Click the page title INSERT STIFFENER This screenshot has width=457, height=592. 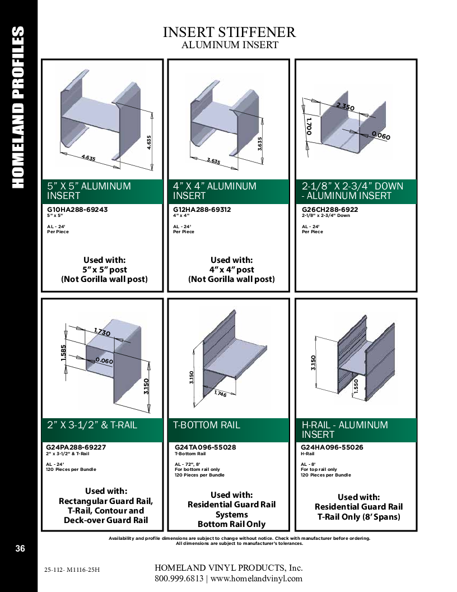tap(229, 32)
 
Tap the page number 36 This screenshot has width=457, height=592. tap(20, 548)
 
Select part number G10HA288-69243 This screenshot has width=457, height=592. tap(77, 210)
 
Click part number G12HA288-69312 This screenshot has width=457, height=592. tap(202, 210)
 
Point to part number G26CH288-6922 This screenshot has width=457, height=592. tap(330, 210)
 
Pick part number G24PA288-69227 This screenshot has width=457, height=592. tap(76, 447)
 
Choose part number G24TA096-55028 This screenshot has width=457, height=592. tap(205, 447)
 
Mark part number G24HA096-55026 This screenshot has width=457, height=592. tap(332, 447)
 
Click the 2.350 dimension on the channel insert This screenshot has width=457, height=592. tap(346, 107)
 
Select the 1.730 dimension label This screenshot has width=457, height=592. tap(102, 332)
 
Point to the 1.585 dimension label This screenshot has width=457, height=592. tap(63, 353)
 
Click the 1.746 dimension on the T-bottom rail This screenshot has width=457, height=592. tap(220, 394)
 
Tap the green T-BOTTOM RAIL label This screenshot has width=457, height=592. tap(206, 425)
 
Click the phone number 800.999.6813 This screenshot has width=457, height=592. tap(179, 579)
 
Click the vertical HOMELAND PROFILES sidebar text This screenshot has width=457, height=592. tap(18, 107)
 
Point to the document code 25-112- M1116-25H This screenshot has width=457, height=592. tap(72, 570)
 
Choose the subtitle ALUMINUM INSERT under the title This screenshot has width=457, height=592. tap(230, 45)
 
